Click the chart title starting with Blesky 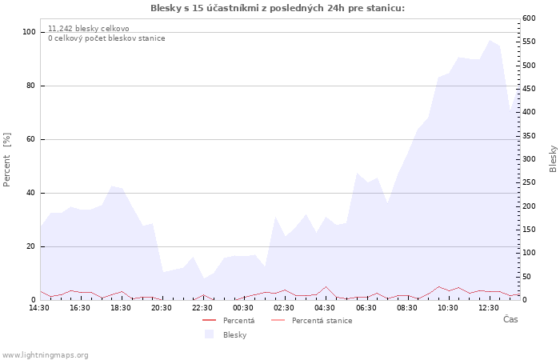coord(278,8)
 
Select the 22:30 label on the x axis coord(202,308)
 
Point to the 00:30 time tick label coord(243,308)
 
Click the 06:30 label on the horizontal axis coord(366,308)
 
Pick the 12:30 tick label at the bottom coord(489,308)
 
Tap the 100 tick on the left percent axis coord(30,32)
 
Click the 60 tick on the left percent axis coord(32,139)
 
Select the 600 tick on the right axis coord(529,18)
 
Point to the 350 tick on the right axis coord(529,136)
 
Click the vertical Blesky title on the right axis coord(553,158)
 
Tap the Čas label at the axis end coord(510,319)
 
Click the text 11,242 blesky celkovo coord(88,29)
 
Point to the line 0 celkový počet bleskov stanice coord(106,38)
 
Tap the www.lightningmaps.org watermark coord(45,354)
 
